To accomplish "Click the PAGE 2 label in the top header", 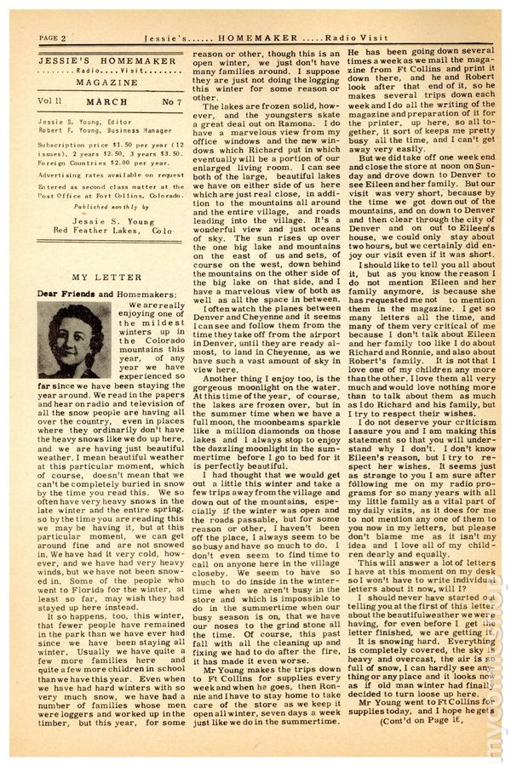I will pyautogui.click(x=54, y=38).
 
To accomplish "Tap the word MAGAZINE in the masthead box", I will pyautogui.click(x=101, y=82).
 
